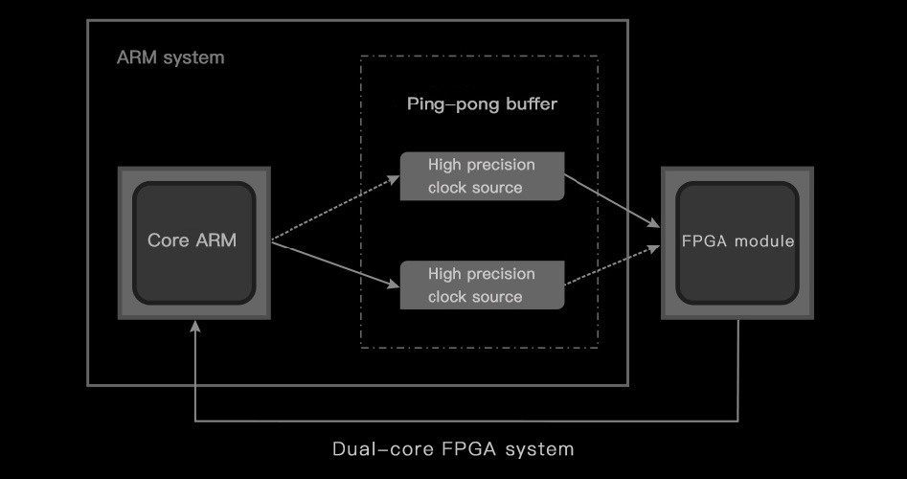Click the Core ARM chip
(193, 242)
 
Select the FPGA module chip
(737, 242)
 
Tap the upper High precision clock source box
(482, 176)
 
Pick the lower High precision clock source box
(482, 285)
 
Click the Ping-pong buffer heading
(482, 103)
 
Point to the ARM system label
(170, 57)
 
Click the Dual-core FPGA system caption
(453, 448)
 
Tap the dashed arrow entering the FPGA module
(613, 264)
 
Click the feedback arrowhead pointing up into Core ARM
(194, 328)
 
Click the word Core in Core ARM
(168, 240)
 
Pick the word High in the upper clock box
(444, 165)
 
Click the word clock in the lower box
(448, 297)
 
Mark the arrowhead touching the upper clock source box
(395, 178)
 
